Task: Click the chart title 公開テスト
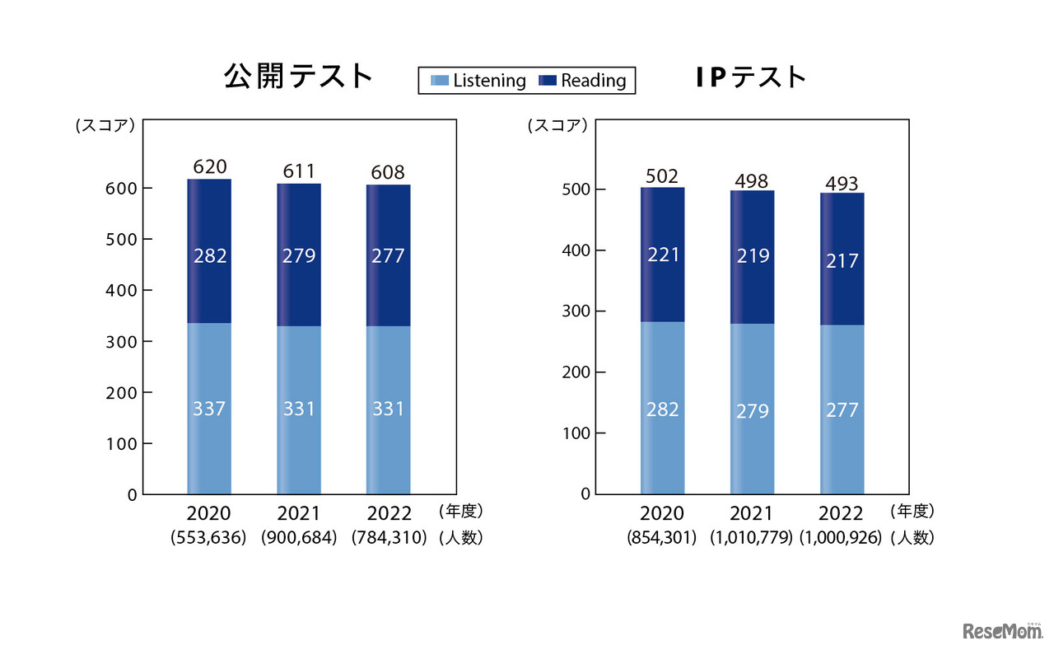(299, 77)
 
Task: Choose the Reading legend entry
(583, 81)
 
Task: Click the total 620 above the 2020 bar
(209, 167)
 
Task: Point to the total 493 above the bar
(842, 183)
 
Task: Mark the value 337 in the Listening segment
(209, 409)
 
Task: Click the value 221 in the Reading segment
(663, 255)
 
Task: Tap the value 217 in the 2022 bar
(842, 260)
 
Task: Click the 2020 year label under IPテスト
(662, 513)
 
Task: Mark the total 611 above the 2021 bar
(299, 171)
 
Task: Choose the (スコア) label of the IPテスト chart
(557, 126)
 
